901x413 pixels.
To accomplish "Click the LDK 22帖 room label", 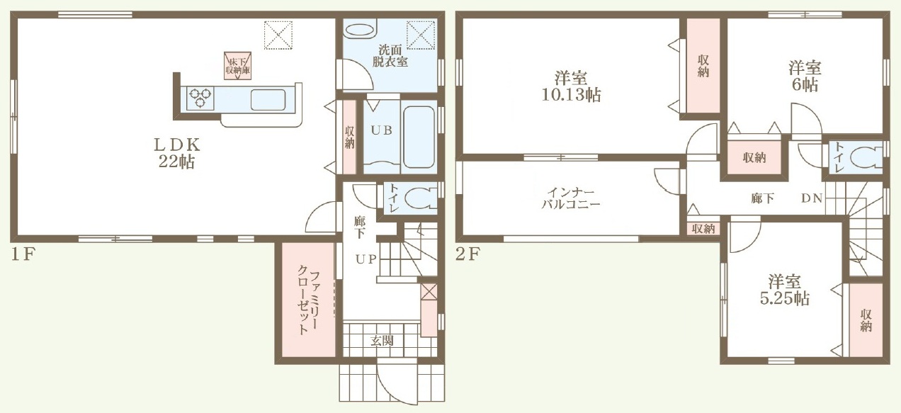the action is point(177,153).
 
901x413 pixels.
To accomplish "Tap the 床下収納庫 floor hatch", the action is point(238,66).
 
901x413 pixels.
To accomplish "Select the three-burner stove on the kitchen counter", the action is point(200,98).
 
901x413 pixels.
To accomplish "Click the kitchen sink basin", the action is point(268,100).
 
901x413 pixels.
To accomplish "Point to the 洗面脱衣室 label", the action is point(390,56).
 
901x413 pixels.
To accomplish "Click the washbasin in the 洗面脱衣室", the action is point(360,30).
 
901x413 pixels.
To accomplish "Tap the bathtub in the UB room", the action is point(419,137).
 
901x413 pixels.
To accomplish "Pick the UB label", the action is point(381,130).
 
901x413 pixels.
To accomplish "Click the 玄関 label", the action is point(382,341).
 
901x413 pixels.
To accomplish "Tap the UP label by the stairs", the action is point(365,259).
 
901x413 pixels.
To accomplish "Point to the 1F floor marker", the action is point(23,254).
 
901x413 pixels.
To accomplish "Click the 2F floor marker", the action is point(467,254).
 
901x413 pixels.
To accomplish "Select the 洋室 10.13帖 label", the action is point(571,86).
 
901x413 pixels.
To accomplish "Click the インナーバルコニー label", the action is point(571,198).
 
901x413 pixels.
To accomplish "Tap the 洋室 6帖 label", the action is point(805,76).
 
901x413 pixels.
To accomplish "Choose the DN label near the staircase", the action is point(812,198).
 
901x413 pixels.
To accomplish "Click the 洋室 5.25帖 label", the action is point(785,290).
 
